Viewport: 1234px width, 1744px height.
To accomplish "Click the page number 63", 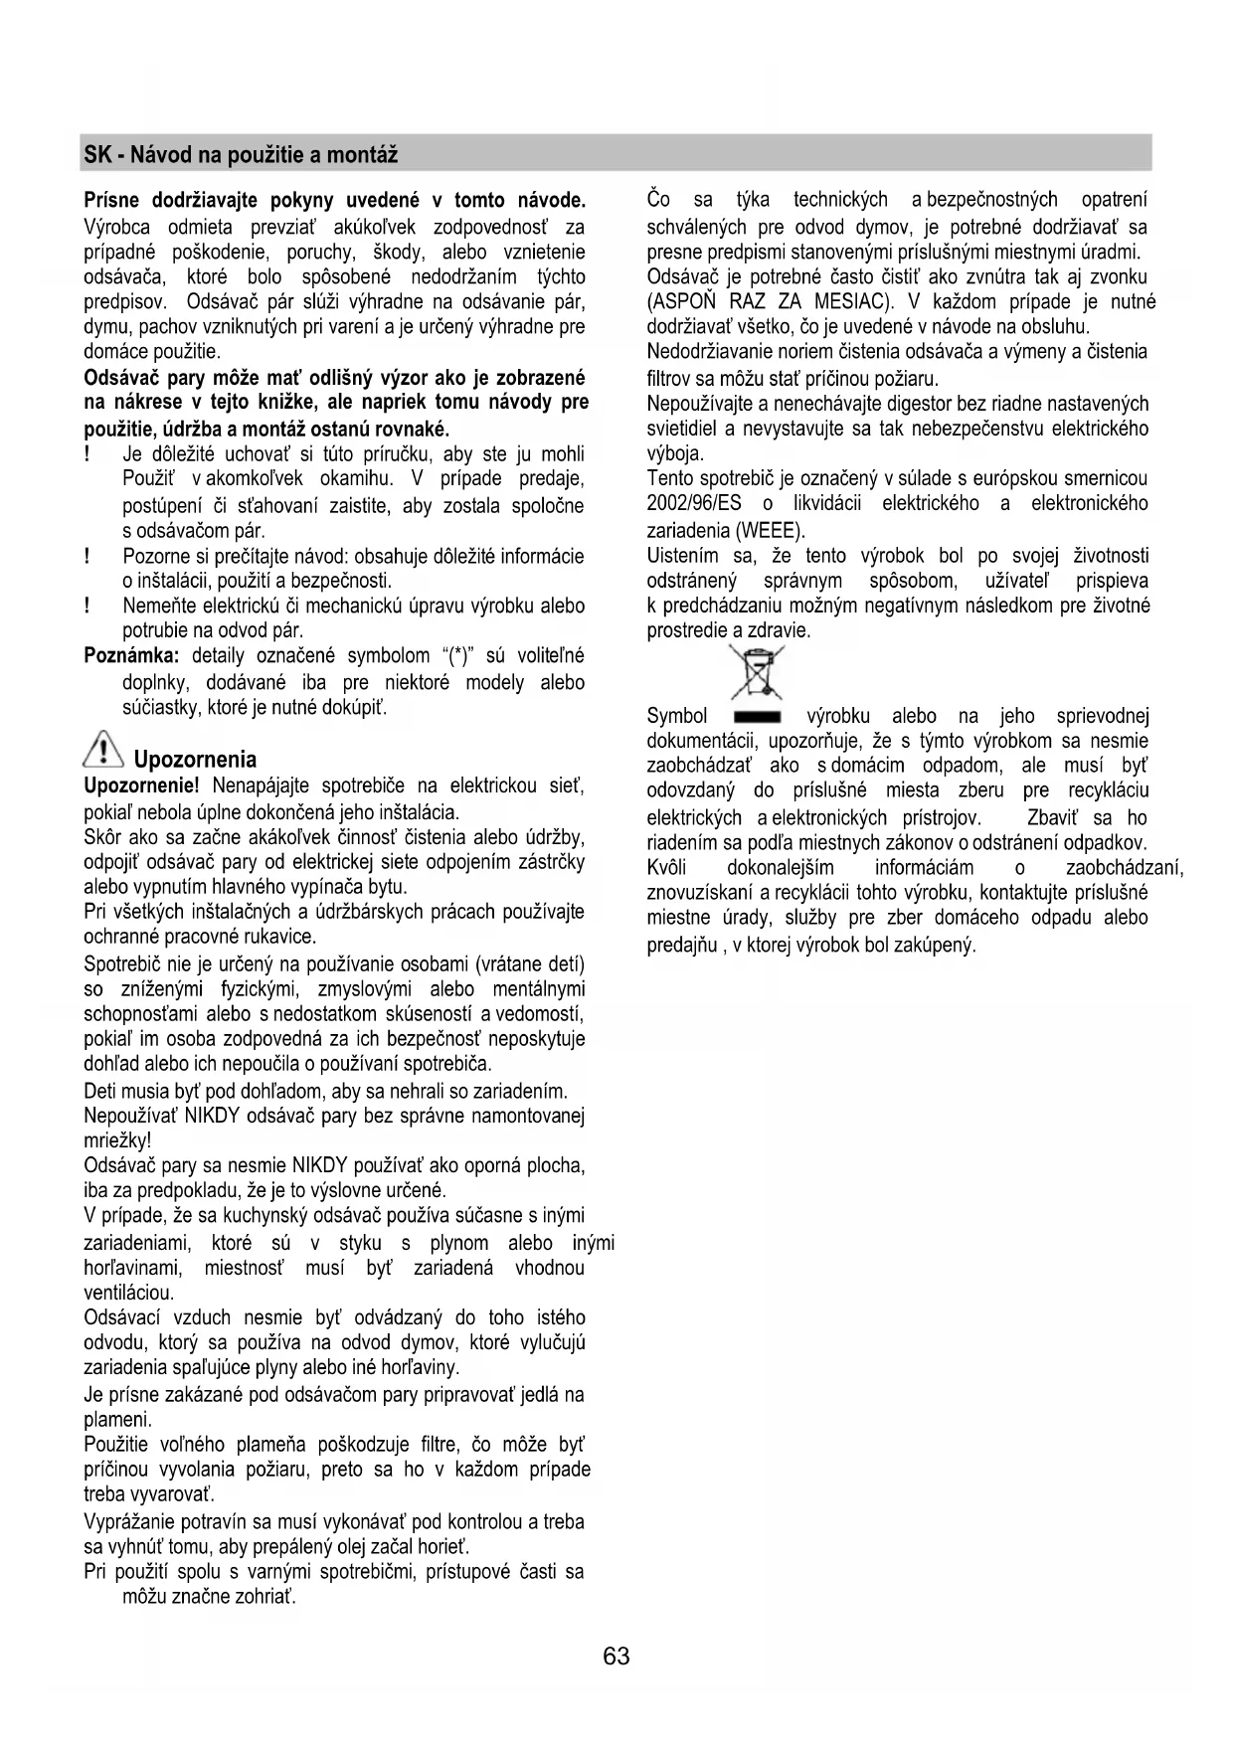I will (x=616, y=1656).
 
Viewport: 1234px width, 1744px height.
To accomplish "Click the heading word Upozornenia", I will (x=195, y=760).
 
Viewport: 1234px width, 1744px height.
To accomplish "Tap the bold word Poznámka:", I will (x=131, y=656).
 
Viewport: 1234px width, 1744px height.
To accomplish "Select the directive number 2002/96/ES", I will (x=694, y=503).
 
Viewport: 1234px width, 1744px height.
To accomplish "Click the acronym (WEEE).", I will (x=769, y=529).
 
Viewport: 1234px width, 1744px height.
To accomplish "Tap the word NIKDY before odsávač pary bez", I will (x=212, y=1116).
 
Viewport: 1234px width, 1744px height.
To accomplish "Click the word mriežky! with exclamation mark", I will (x=117, y=1140).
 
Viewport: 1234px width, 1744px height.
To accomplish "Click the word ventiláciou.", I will (x=128, y=1293).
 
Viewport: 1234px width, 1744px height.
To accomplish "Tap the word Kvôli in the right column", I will (x=666, y=868).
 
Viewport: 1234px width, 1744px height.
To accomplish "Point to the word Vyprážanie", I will (x=129, y=1521).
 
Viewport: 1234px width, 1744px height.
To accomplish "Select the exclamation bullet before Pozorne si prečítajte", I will (x=89, y=556).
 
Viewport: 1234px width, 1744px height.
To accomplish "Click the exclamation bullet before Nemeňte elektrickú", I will (x=89, y=606).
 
